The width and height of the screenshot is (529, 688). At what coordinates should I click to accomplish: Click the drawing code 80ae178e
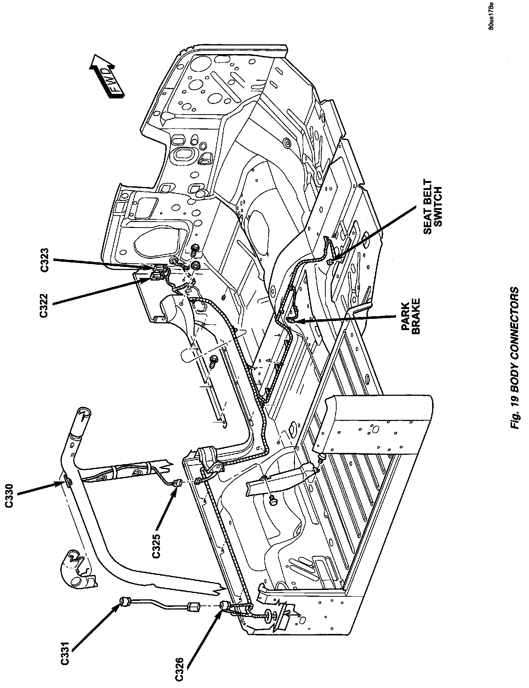point(491,17)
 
